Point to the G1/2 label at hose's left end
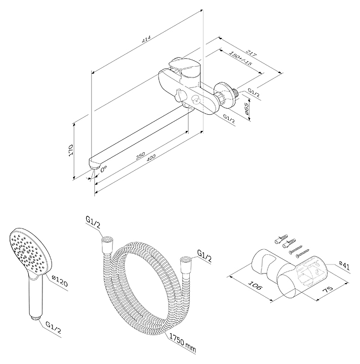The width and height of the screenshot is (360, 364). (93, 221)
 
